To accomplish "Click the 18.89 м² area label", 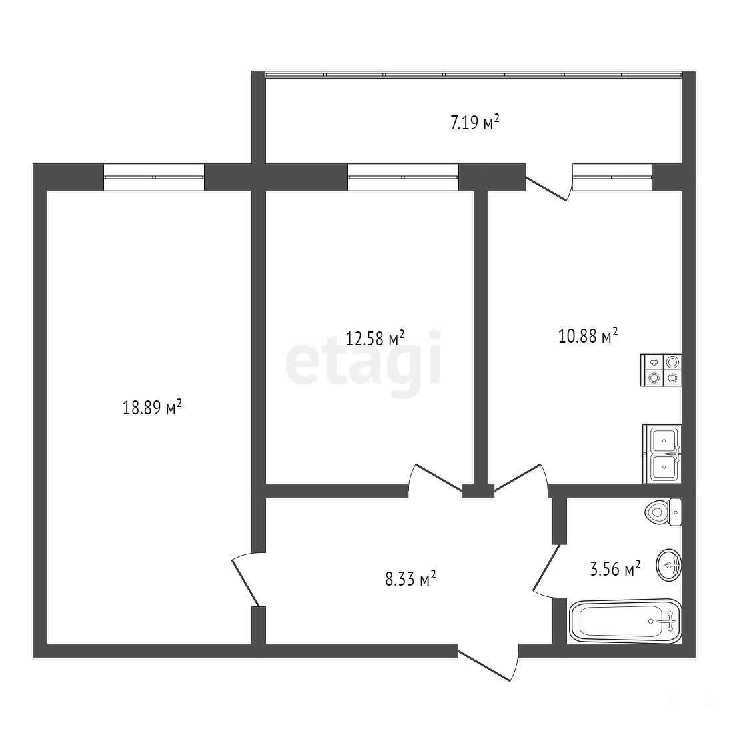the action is click(152, 407).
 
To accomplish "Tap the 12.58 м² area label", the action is click(374, 338).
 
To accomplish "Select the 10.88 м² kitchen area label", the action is click(588, 335).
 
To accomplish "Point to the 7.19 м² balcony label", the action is click(475, 123).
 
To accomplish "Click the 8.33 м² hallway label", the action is click(410, 579).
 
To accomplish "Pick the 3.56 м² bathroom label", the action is click(615, 568).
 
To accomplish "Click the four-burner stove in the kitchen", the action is click(661, 370).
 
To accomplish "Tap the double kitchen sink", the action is click(662, 454).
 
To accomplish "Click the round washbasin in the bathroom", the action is click(669, 565).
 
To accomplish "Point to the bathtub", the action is click(625, 621).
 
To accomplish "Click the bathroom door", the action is click(548, 571).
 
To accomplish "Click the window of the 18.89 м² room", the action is click(154, 177).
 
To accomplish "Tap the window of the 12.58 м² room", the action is click(403, 177).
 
